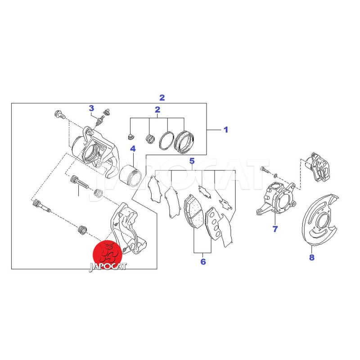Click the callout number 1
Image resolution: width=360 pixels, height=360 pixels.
[226, 130]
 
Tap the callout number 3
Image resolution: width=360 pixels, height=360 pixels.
[91, 108]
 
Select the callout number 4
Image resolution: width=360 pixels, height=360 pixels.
[133, 149]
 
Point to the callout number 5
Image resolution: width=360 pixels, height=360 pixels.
[192, 161]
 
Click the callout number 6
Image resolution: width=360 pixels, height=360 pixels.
[203, 261]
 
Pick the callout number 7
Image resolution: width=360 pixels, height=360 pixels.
[275, 229]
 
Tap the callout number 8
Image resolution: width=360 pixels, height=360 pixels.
[311, 257]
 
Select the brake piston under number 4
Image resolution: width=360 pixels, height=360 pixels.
[130, 175]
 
